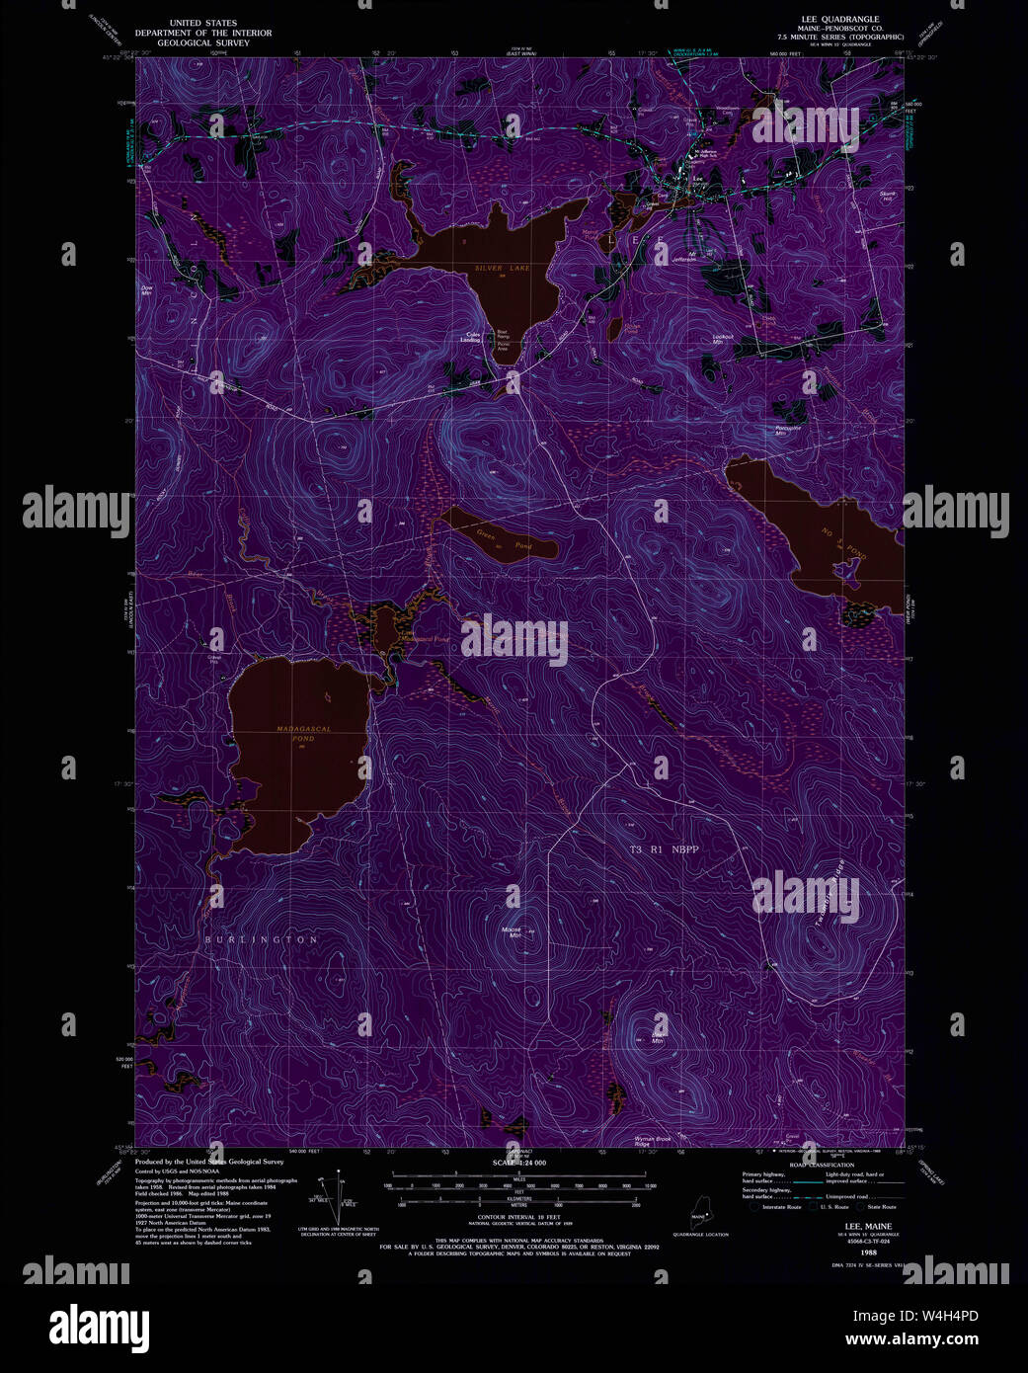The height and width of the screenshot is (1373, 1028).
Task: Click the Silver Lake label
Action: pos(502,268)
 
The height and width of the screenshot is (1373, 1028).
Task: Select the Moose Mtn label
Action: pos(512,931)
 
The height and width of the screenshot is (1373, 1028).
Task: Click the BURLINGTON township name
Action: pos(261,939)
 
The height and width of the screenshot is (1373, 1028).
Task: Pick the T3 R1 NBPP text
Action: pos(665,848)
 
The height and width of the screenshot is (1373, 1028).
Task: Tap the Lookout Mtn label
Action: pos(724,338)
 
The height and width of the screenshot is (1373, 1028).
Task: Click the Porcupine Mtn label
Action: pos(786,431)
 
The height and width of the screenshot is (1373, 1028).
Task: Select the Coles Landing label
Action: pos(473,337)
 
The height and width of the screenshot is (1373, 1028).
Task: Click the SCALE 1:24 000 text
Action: pos(518,1164)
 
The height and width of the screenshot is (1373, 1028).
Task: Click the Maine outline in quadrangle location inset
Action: pos(698,1215)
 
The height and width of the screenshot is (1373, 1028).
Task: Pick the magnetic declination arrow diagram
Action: pos(340,1196)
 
